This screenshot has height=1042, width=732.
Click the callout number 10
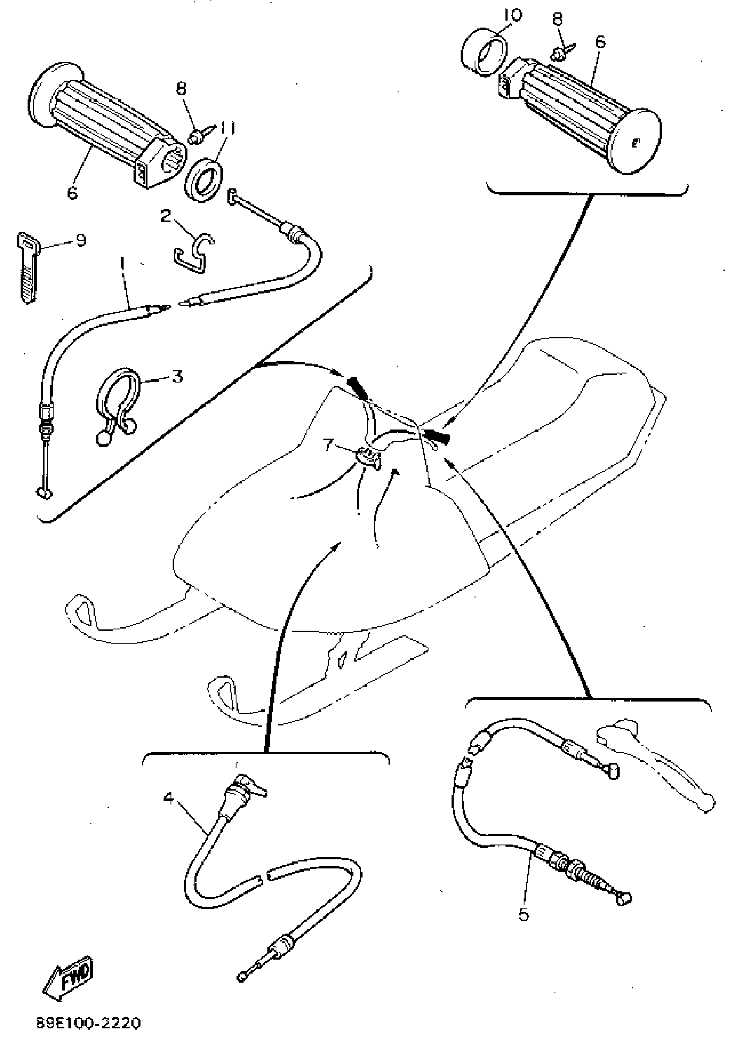click(512, 15)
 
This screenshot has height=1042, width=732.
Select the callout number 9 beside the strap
click(81, 240)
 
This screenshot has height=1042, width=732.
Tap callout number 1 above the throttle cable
click(122, 265)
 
